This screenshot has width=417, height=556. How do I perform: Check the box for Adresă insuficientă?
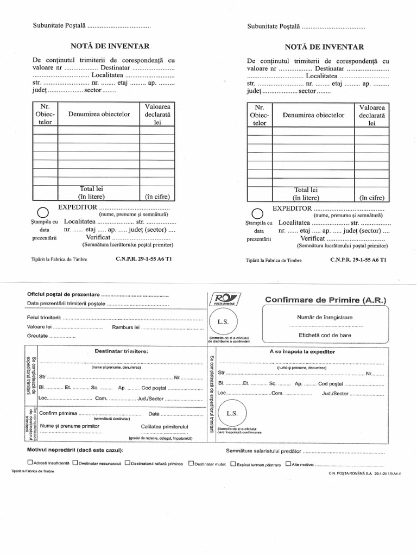[x=30, y=464]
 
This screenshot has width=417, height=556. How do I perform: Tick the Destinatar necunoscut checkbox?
[x=74, y=464]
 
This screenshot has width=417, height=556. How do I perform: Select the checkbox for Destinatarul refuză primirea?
[x=127, y=464]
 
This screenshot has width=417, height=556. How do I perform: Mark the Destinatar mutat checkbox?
[x=191, y=464]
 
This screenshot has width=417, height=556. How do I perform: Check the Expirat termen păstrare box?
[x=233, y=464]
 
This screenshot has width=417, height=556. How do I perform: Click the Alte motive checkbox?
[x=288, y=464]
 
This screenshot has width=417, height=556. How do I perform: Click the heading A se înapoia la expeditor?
[x=302, y=351]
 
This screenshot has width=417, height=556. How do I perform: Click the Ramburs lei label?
[x=125, y=327]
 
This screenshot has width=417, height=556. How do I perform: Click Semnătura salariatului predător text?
[x=263, y=451]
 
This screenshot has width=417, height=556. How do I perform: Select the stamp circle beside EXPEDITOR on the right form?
[x=258, y=213]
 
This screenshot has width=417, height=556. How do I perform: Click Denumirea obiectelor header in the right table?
[x=313, y=115]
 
